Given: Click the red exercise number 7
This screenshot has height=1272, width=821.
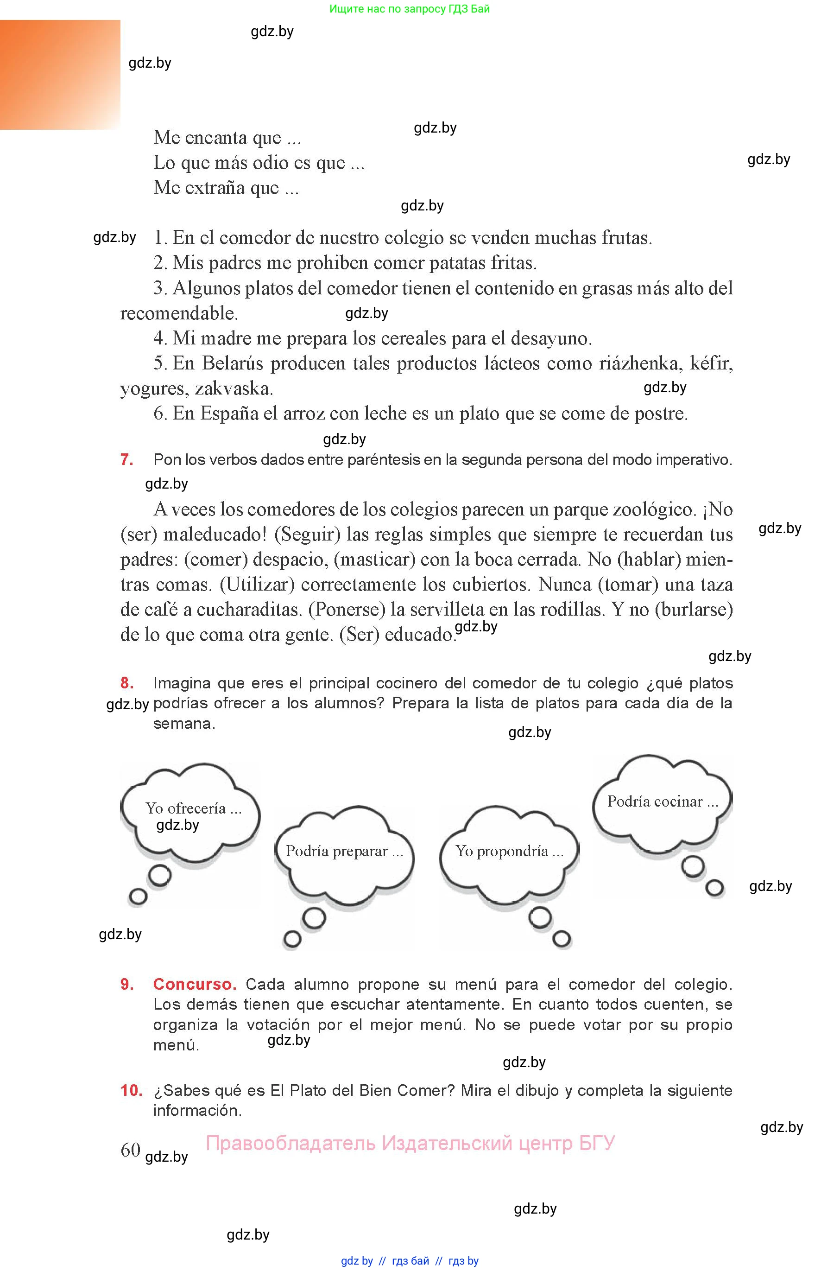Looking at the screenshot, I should pyautogui.click(x=127, y=460).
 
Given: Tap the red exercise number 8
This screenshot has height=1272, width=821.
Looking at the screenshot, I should pyautogui.click(x=127, y=683).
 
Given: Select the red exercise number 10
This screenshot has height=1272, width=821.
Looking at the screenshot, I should pyautogui.click(x=131, y=1091).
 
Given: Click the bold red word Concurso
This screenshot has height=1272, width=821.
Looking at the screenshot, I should pyautogui.click(x=195, y=985).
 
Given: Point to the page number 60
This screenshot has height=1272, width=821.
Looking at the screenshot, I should pyautogui.click(x=130, y=1150).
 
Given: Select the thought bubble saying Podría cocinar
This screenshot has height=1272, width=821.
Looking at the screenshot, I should pyautogui.click(x=662, y=803).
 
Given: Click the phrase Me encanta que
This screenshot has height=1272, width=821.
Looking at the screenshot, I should pyautogui.click(x=227, y=138).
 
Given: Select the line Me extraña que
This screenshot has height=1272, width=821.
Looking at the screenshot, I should pyautogui.click(x=226, y=188).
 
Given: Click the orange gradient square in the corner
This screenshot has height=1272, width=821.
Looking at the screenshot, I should pyautogui.click(x=60, y=75).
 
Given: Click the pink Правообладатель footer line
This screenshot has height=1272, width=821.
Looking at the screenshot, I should pyautogui.click(x=410, y=1143).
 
